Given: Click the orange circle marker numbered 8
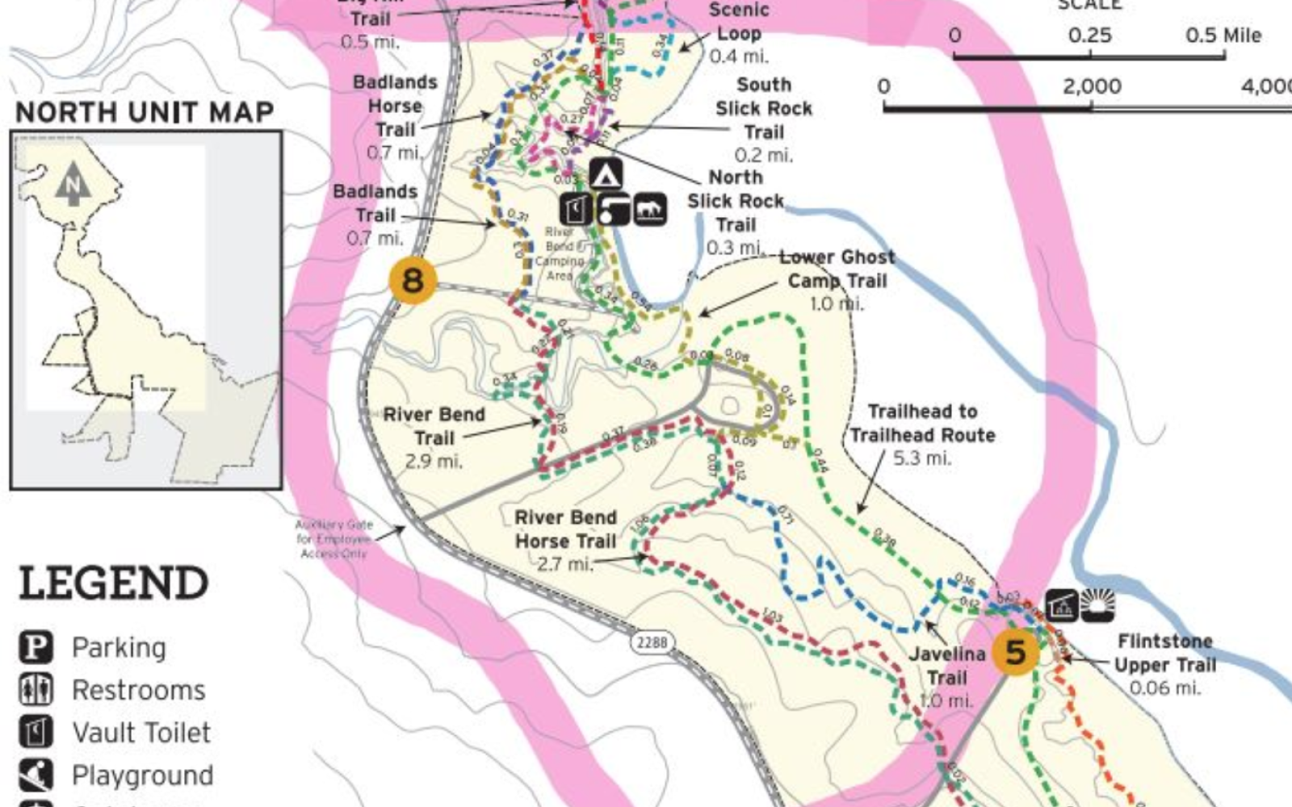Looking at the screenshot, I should [x=413, y=281].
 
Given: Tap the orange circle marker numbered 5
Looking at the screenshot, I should [x=1015, y=652].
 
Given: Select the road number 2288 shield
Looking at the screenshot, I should [x=652, y=642].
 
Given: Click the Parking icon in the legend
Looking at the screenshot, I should [x=36, y=647].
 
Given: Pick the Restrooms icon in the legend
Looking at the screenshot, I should [x=36, y=690].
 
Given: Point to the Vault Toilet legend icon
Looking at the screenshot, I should [x=36, y=733].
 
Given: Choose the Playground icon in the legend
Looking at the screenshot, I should [x=36, y=775].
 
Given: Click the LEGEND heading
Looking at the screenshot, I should [x=113, y=583].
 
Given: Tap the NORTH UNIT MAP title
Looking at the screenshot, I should [x=145, y=112].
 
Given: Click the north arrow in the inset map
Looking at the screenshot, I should [x=73, y=183].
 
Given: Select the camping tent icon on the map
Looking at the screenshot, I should [x=606, y=174].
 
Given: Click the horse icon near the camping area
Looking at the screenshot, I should [x=650, y=210].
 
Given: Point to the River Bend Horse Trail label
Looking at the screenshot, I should [x=565, y=540].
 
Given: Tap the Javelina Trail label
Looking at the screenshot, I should [x=947, y=676].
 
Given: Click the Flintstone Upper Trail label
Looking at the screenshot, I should [x=1165, y=664].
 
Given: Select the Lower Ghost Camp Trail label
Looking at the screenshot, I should [x=837, y=279].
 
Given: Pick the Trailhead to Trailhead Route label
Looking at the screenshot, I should [x=922, y=434].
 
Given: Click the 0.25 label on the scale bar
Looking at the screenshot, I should [x=1089, y=36].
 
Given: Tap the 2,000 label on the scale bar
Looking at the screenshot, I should [x=1092, y=86].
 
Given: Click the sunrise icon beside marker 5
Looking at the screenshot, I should [x=1097, y=605].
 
